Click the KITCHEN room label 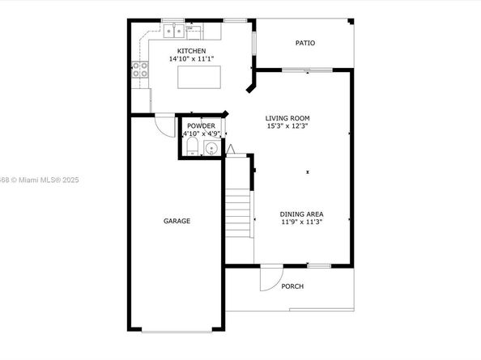click(191, 51)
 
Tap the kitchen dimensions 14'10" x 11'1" click(191, 59)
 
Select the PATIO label click(305, 43)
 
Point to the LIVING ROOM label click(287, 118)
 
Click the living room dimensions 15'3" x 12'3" click(287, 126)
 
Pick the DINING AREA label click(301, 214)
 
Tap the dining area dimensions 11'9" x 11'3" click(301, 222)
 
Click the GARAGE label click(177, 221)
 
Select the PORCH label click(292, 286)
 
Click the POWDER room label click(202, 126)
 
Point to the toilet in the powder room click(193, 146)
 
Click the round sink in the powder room click(211, 149)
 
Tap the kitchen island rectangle click(199, 77)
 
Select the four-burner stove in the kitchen click(140, 70)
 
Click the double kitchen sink click(173, 31)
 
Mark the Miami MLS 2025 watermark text click(40, 180)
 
